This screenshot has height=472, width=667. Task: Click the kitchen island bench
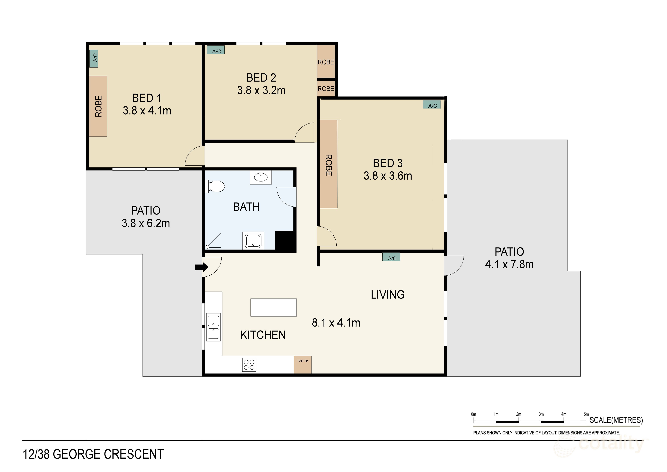[273, 307]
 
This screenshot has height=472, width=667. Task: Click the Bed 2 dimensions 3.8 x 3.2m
[261, 90]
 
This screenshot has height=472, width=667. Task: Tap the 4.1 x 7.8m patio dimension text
[509, 264]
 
